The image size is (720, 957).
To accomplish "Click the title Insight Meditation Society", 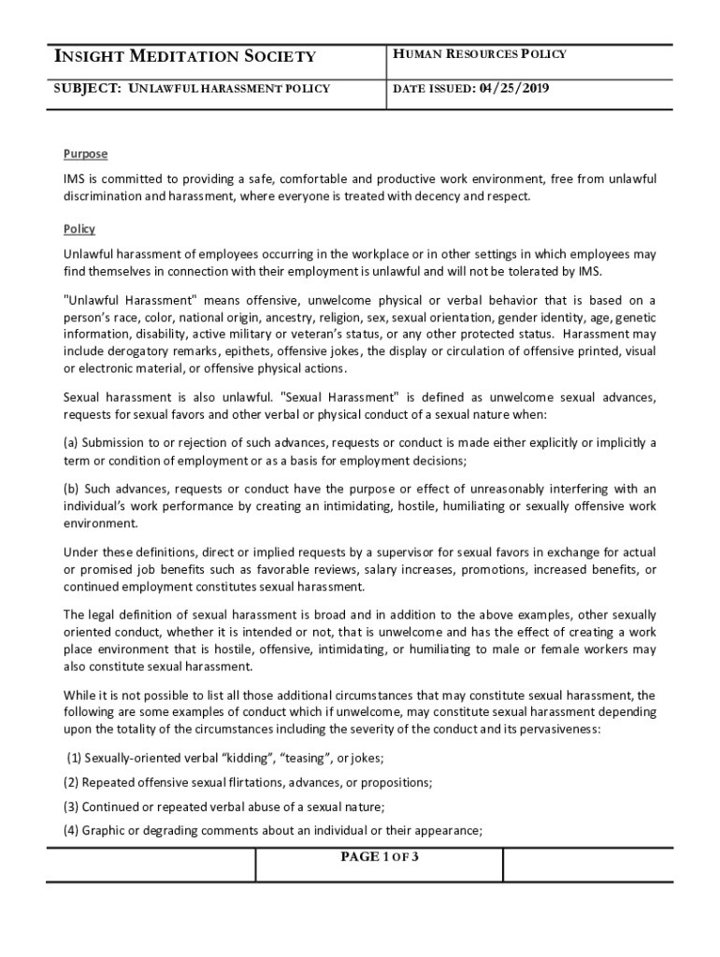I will [x=185, y=57].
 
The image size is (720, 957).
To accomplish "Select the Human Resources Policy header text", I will [x=479, y=54].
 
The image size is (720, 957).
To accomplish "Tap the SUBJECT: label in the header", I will [x=92, y=89].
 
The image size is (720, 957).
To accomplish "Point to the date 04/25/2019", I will [x=514, y=89].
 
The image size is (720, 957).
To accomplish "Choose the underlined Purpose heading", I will [x=85, y=154].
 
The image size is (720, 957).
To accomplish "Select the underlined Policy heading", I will [x=79, y=229].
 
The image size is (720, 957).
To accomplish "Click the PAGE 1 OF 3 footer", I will [x=379, y=857].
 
